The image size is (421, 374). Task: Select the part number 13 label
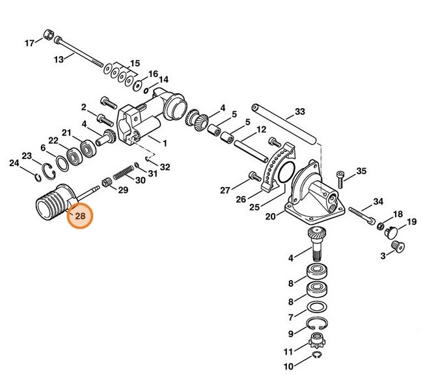click(59, 59)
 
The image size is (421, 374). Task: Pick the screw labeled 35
click(340, 174)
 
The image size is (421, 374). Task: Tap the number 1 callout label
click(164, 142)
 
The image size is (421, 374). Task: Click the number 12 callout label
click(262, 130)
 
